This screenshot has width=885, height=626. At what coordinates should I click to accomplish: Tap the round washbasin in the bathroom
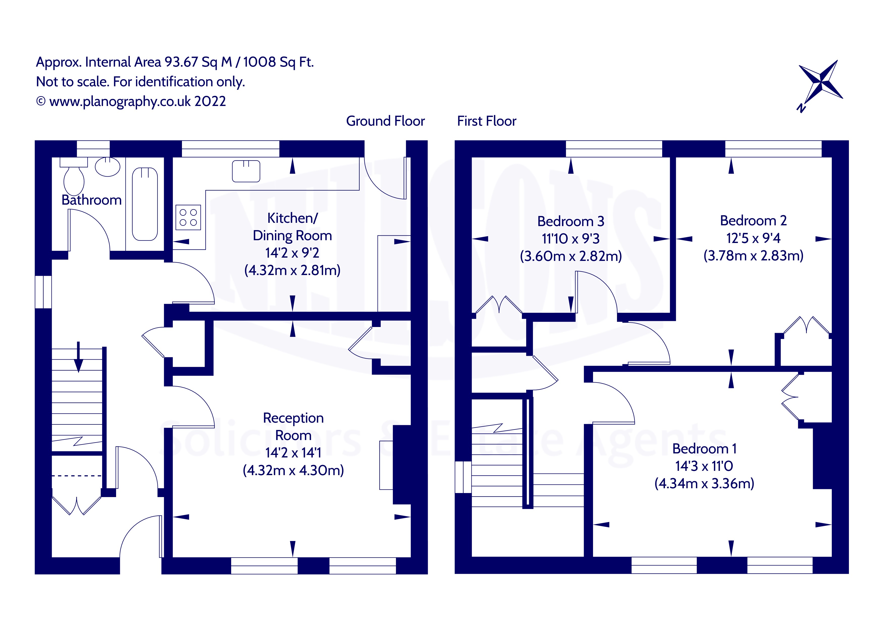pyautogui.click(x=108, y=167)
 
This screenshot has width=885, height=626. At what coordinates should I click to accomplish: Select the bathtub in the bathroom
pyautogui.click(x=145, y=204)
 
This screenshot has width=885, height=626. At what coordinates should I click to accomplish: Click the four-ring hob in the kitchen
pyautogui.click(x=188, y=217)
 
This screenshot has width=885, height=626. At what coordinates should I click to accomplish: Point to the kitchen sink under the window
pyautogui.click(x=246, y=171)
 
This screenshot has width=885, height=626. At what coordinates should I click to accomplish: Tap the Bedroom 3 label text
pyautogui.click(x=571, y=221)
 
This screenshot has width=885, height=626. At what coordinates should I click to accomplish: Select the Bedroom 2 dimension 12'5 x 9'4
pyautogui.click(x=753, y=238)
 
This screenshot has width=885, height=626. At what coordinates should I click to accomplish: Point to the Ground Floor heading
pyautogui.click(x=385, y=121)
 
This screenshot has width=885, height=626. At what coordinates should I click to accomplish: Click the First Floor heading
pyautogui.click(x=487, y=121)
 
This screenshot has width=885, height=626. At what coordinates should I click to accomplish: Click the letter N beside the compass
pyautogui.click(x=801, y=108)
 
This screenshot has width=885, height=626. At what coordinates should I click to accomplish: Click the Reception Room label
pyautogui.click(x=293, y=426)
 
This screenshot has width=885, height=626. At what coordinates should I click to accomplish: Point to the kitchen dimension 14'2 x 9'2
pyautogui.click(x=292, y=253)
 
